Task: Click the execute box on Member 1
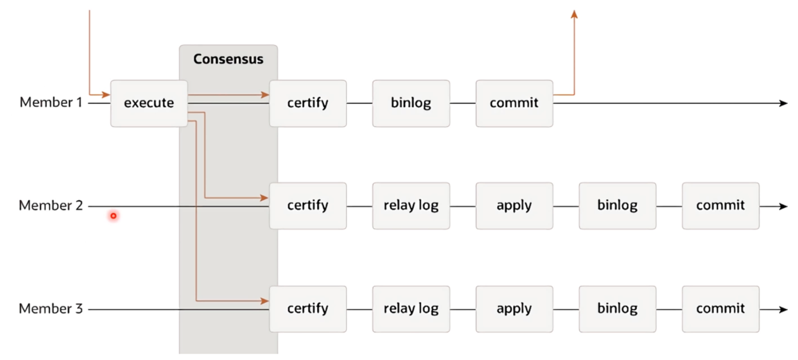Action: pyautogui.click(x=149, y=103)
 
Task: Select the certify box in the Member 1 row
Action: pyautogui.click(x=308, y=103)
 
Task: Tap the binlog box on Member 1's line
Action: pyautogui.click(x=411, y=103)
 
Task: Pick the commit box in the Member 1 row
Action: pyautogui.click(x=514, y=103)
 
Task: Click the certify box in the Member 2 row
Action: pyautogui.click(x=308, y=206)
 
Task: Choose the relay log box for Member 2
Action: pyautogui.click(x=411, y=206)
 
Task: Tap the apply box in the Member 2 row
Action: pyautogui.click(x=514, y=206)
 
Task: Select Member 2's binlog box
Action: pyautogui.click(x=617, y=206)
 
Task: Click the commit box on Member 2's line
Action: pyautogui.click(x=721, y=206)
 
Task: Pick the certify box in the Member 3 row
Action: pyautogui.click(x=308, y=309)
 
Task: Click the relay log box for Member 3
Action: pyautogui.click(x=411, y=309)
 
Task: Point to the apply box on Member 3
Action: pyautogui.click(x=514, y=309)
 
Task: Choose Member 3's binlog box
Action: pyautogui.click(x=617, y=309)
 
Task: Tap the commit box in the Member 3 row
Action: pyautogui.click(x=721, y=309)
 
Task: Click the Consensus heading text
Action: pyautogui.click(x=228, y=59)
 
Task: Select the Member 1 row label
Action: pyautogui.click(x=51, y=103)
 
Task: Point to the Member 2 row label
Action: pyautogui.click(x=51, y=206)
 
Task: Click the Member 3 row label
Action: pyautogui.click(x=51, y=309)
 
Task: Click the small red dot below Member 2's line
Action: pyautogui.click(x=113, y=216)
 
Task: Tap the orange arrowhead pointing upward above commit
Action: pyautogui.click(x=574, y=14)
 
